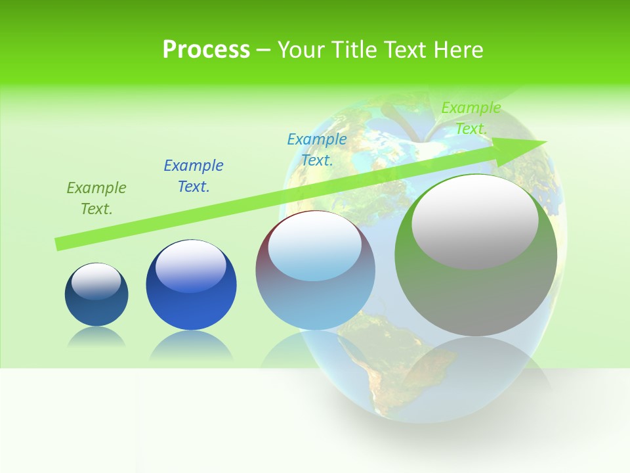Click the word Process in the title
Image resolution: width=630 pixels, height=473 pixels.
click(x=206, y=50)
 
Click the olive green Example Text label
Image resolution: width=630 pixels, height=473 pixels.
click(x=96, y=198)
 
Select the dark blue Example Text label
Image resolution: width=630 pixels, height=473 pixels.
click(x=194, y=176)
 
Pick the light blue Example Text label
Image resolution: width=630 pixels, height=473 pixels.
click(x=317, y=150)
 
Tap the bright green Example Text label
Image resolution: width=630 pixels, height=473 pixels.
click(x=471, y=118)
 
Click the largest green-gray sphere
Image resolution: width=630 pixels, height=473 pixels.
click(x=476, y=289)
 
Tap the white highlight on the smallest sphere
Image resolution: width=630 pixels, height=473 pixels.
click(x=96, y=281)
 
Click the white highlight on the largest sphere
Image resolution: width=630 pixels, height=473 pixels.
click(x=474, y=220)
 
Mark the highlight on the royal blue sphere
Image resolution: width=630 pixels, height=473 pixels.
click(x=190, y=264)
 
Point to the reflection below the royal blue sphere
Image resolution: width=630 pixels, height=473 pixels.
click(x=191, y=345)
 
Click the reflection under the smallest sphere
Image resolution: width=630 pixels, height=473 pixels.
click(x=96, y=337)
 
